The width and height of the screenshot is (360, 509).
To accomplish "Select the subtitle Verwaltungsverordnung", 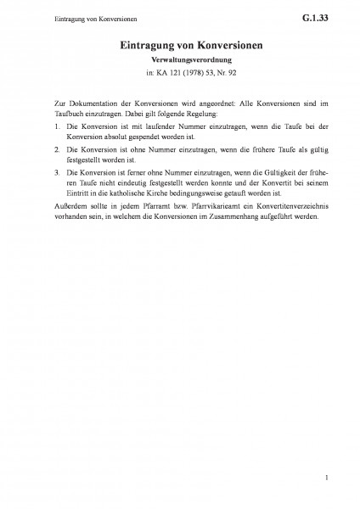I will tap(179, 62).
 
